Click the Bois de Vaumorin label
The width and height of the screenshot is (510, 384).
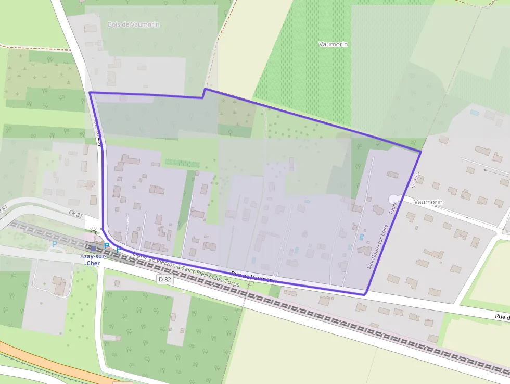pyautogui.click(x=133, y=24)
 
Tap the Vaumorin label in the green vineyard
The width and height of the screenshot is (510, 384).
pyautogui.click(x=333, y=45)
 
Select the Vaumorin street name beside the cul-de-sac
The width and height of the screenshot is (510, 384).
pyautogui.click(x=428, y=202)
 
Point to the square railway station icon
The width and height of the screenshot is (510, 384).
pyautogui.click(x=93, y=249)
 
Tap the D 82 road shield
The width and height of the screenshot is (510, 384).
pyautogui.click(x=164, y=279)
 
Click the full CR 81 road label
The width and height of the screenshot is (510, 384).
pyautogui.click(x=75, y=214)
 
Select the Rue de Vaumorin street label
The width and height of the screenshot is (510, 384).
pyautogui.click(x=253, y=278)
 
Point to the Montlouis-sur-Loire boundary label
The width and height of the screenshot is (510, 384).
pyautogui.click(x=378, y=246)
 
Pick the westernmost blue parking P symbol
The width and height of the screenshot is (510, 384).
pyautogui.click(x=55, y=244)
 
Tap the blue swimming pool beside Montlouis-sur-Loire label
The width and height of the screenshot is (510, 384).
pyautogui.click(x=361, y=237)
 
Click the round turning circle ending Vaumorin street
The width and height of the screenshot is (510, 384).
pyautogui.click(x=394, y=198)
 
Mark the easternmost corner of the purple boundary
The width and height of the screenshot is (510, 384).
pyautogui.click(x=420, y=152)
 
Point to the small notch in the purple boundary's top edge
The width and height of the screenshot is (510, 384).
pyautogui.click(x=203, y=93)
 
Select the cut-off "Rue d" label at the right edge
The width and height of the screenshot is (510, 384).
pyautogui.click(x=502, y=316)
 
